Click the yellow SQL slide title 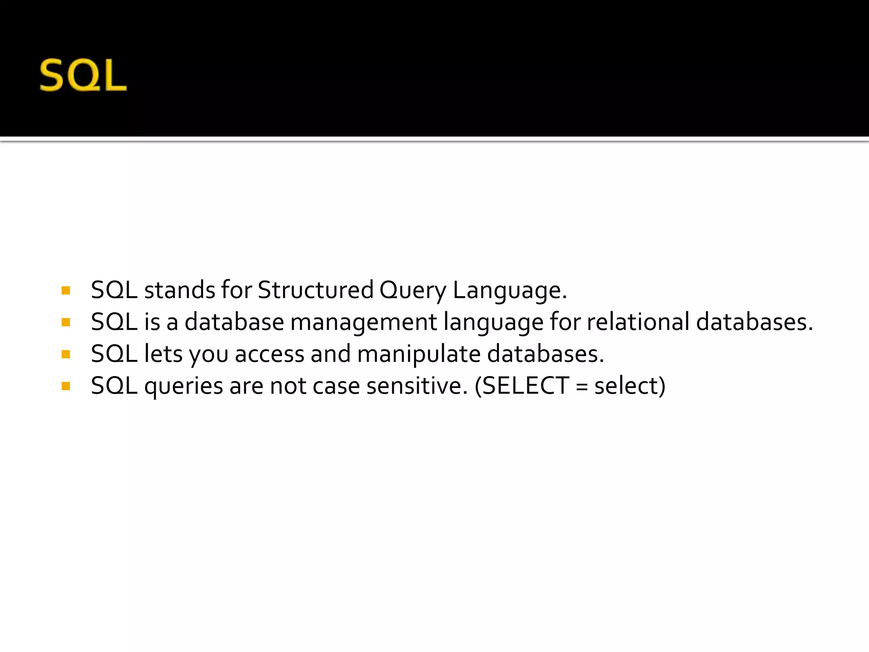coord(83,75)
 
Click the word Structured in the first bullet coord(315,290)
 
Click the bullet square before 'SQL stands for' coord(66,291)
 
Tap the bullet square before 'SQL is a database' coord(66,323)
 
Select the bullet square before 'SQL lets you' coord(66,354)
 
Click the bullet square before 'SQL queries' coord(66,386)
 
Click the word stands coord(179,290)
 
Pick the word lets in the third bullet coord(163,354)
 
